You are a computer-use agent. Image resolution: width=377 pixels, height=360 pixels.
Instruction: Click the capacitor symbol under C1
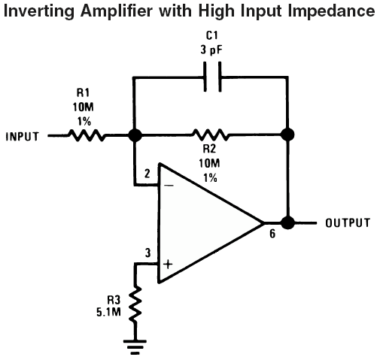212,77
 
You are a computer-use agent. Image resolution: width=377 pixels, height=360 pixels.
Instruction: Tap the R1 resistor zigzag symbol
87,135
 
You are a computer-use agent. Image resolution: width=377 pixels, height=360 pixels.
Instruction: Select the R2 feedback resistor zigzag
211,135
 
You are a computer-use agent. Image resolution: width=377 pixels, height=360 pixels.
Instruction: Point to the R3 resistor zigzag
135,304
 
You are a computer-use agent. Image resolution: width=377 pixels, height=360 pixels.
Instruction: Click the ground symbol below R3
135,347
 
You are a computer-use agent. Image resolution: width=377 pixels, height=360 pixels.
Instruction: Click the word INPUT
23,137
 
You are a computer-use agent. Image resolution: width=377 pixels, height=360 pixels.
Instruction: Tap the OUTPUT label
348,222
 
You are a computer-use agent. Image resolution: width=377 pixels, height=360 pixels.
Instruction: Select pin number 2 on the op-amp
147,174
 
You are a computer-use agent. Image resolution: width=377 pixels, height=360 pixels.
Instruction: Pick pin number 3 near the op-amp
148,253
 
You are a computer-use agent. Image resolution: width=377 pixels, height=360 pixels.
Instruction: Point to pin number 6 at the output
272,234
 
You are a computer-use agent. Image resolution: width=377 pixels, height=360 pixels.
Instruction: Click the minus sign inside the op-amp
169,186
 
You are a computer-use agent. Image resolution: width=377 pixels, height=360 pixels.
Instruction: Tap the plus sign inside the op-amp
168,265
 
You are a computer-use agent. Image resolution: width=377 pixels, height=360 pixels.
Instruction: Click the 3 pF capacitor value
211,50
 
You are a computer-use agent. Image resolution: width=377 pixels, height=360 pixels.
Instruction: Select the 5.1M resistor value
109,312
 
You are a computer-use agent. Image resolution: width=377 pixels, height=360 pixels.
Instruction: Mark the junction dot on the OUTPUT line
287,222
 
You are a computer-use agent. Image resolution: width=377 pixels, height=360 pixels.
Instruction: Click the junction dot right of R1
135,135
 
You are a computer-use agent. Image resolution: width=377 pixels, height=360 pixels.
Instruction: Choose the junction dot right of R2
287,135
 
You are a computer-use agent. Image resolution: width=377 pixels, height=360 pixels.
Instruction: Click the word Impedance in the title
331,11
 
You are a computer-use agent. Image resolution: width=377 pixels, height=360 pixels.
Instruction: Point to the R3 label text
114,299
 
